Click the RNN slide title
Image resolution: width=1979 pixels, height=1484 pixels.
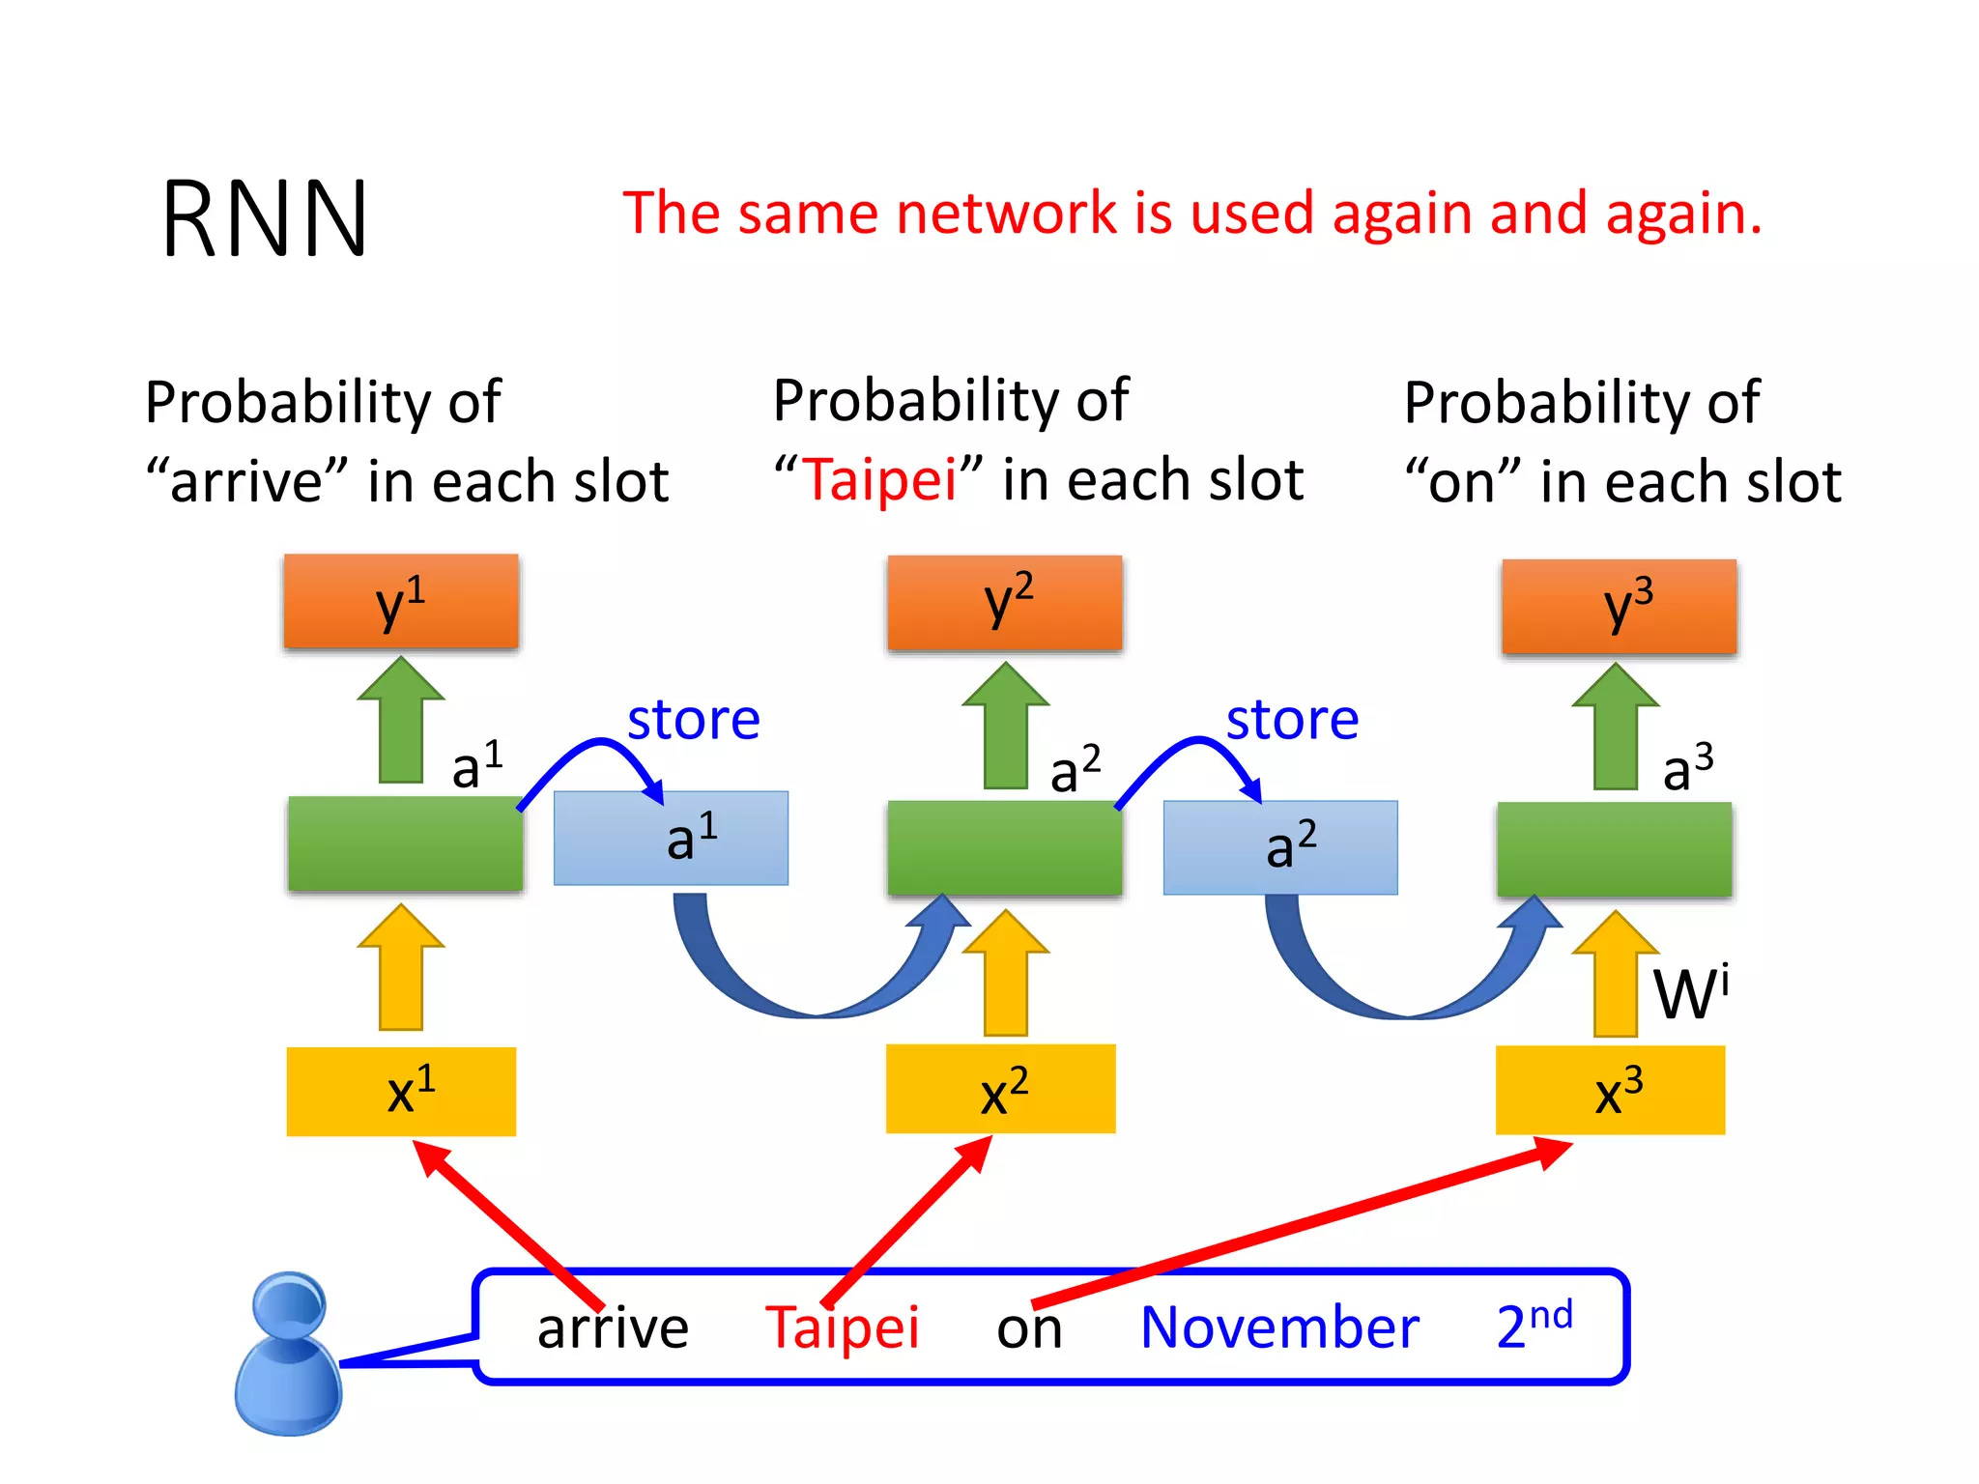coord(265,220)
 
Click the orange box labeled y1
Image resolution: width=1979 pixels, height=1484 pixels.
coord(401,601)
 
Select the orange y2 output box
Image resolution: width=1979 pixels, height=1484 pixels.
coord(1005,602)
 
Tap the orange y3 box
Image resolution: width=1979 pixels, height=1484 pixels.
coord(1620,606)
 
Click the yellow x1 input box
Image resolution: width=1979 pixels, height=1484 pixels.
coord(401,1092)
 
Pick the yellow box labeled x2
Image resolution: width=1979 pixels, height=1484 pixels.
coord(1001,1089)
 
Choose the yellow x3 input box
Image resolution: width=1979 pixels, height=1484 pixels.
coord(1610,1091)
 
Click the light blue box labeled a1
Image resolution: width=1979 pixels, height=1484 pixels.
coord(671,838)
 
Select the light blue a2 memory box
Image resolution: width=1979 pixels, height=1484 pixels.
coord(1280,847)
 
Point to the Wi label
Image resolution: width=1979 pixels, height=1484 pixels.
coord(1690,992)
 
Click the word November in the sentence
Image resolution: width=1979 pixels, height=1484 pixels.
coord(1279,1327)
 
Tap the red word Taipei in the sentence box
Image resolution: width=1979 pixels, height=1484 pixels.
coord(842,1327)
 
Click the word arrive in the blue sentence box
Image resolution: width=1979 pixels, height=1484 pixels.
coord(613,1327)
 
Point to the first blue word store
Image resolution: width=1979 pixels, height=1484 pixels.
coord(693,720)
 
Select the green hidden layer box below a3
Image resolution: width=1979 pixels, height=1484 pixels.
coord(1614,849)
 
